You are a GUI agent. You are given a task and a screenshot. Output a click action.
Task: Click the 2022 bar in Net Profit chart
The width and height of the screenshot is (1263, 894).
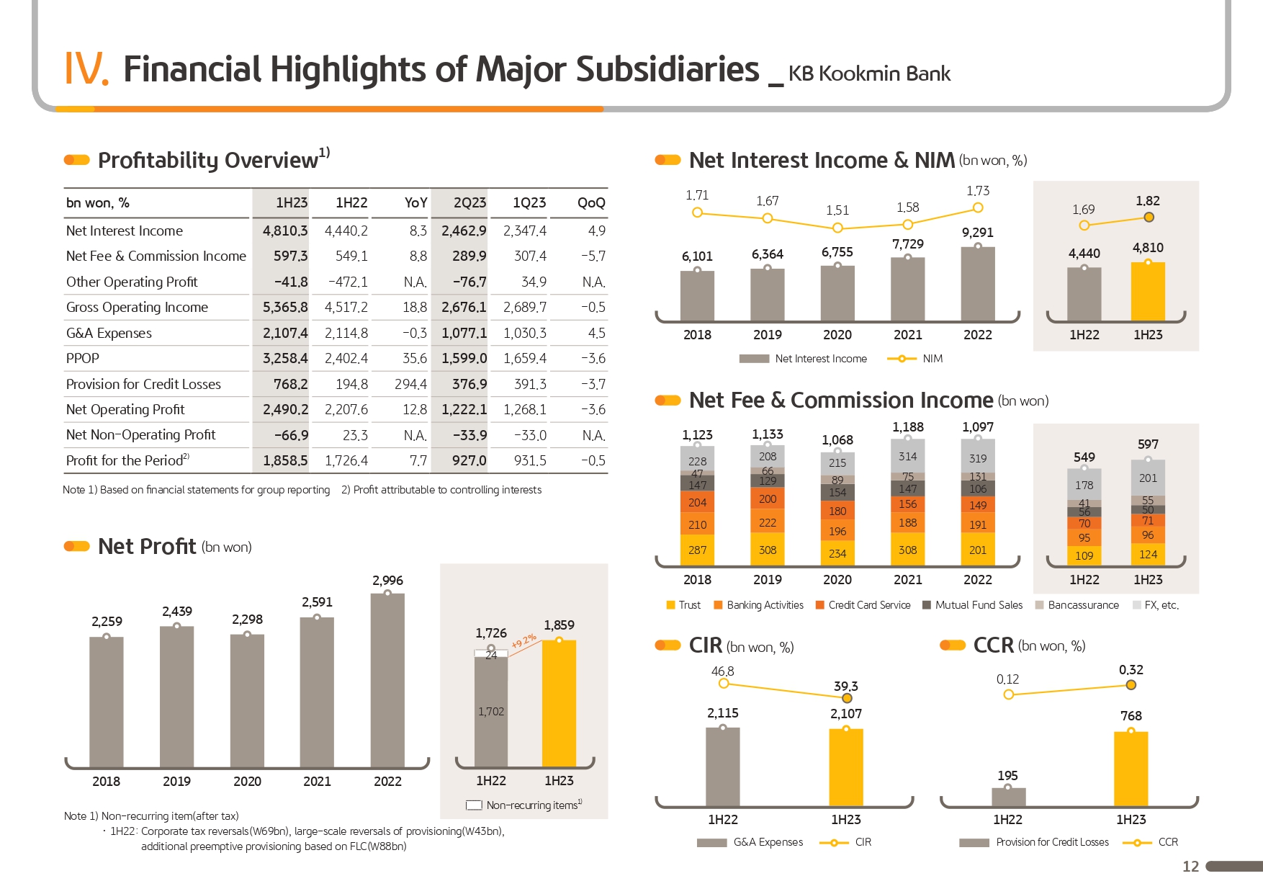[387, 681]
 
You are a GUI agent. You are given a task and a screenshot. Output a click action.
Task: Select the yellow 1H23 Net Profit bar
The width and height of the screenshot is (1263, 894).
[559, 703]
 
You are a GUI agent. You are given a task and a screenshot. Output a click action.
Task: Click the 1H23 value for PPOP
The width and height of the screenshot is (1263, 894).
[285, 359]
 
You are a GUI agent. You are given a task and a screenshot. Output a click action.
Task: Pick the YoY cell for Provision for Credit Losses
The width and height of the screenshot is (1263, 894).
[410, 385]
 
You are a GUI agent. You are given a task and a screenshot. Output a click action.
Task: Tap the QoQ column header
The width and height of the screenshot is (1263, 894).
[591, 203]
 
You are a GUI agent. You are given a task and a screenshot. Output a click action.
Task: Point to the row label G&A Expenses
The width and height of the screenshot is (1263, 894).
[109, 334]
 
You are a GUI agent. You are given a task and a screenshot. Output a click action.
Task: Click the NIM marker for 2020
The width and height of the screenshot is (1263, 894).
[837, 228]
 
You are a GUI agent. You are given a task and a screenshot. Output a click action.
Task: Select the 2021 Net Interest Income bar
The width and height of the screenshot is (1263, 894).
[907, 288]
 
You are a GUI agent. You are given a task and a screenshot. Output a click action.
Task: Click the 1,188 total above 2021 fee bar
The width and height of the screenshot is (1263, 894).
[907, 427]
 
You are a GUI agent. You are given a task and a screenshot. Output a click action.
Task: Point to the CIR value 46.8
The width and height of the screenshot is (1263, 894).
[722, 671]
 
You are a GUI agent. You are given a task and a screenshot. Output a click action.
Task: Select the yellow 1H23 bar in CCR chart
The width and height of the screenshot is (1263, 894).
[1131, 769]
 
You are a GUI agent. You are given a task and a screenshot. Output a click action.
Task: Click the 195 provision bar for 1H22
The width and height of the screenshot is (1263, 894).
[1008, 797]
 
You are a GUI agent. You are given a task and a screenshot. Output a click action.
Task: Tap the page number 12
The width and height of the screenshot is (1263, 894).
[1191, 867]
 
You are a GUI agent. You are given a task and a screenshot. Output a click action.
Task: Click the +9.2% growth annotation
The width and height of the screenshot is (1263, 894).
[524, 641]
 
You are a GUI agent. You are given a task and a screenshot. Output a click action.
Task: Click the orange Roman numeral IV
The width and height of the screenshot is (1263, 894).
[86, 69]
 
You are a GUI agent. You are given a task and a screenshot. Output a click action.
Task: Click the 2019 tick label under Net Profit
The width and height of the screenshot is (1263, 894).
[176, 782]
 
